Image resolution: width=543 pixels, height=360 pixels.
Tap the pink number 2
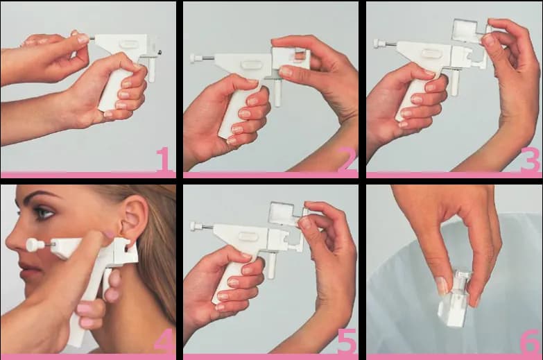[347, 160]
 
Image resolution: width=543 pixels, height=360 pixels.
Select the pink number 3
[530, 160]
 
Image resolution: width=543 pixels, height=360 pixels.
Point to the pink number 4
[164, 342]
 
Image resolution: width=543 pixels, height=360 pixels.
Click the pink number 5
[347, 342]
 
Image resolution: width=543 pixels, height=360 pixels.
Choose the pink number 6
[531, 342]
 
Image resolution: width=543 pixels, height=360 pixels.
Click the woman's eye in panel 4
[44, 212]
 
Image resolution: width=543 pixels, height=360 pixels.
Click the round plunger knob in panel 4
[33, 245]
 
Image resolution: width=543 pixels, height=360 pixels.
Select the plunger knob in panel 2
[196, 58]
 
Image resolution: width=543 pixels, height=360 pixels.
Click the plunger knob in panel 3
[379, 44]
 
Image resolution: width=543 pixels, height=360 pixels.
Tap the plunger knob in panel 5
[196, 227]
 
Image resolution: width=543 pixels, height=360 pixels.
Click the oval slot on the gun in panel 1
[130, 44]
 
